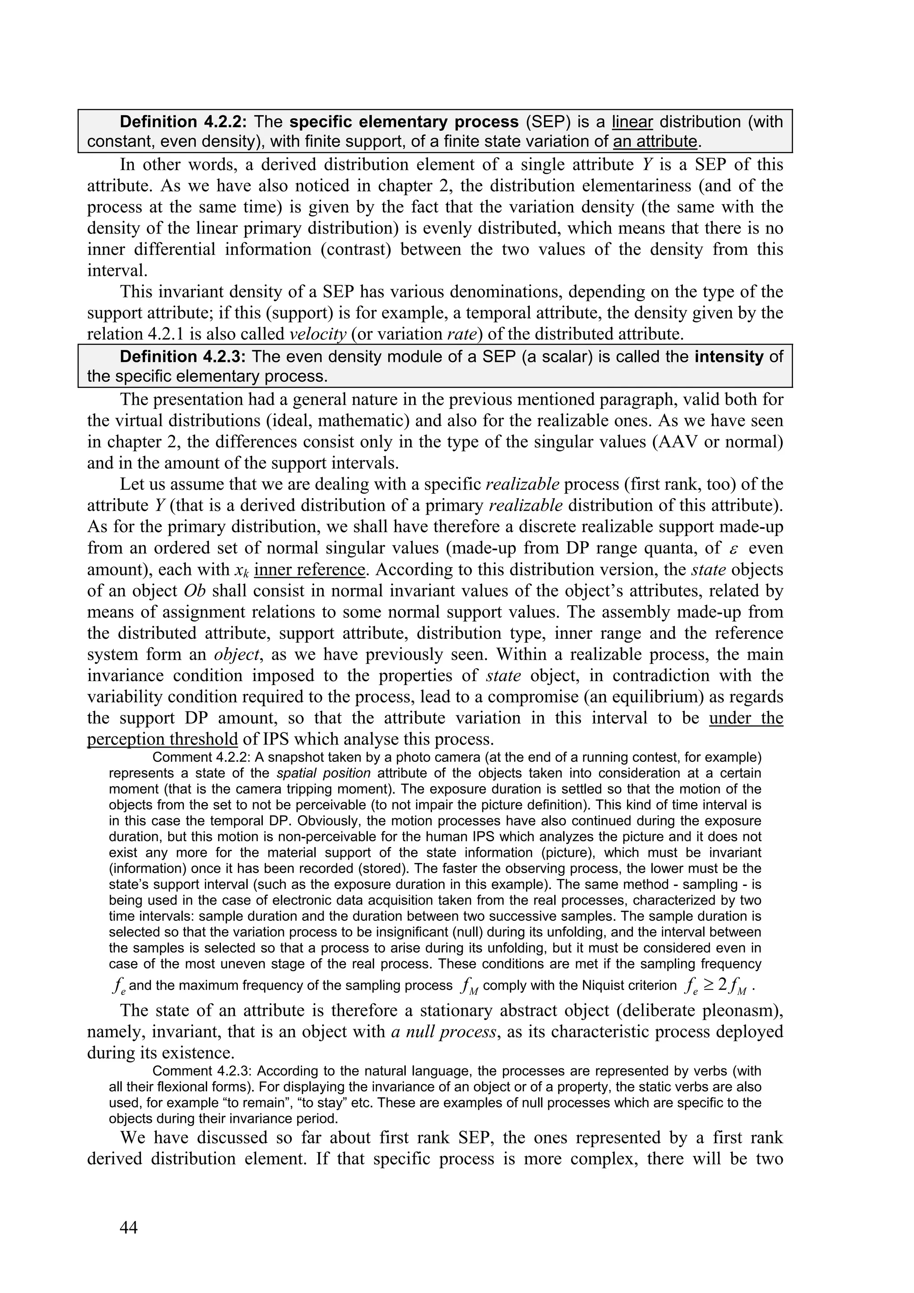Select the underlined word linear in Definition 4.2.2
pyautogui.click(x=632, y=122)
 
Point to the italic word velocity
pyautogui.click(x=317, y=334)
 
